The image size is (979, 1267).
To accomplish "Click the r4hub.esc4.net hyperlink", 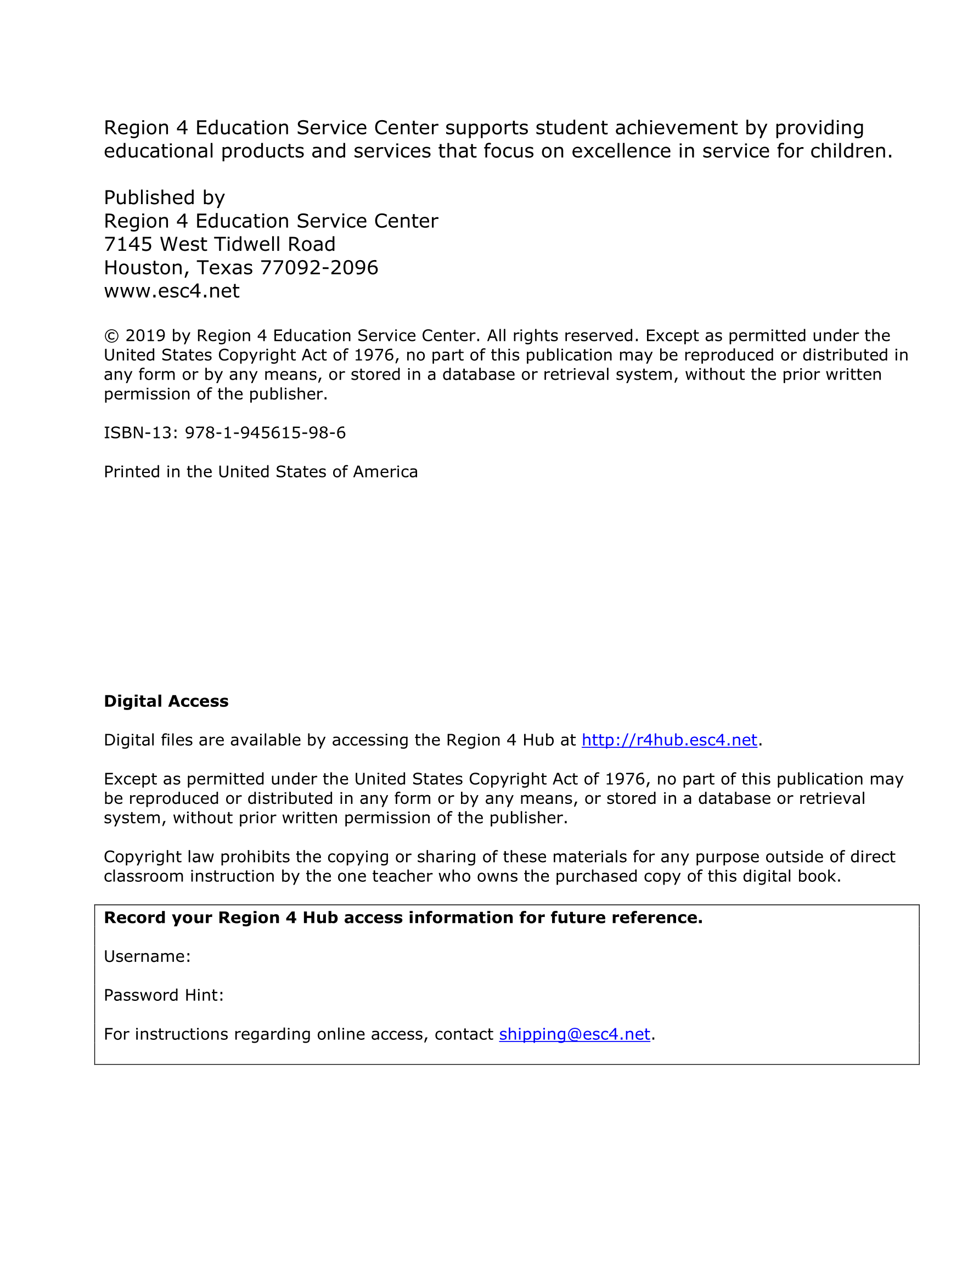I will (669, 740).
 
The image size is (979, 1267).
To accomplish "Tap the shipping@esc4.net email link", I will (574, 1034).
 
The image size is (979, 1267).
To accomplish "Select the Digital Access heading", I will (166, 701).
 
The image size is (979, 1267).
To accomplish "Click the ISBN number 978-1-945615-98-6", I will (265, 433).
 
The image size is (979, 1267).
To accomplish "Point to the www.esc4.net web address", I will (171, 291).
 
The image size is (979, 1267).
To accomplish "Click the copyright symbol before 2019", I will (111, 336).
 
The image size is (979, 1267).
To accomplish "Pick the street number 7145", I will (128, 244).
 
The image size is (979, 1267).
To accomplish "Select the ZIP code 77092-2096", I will (319, 267).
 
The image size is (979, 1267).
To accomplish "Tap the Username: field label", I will (148, 956).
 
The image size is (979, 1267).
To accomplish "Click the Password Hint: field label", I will (164, 995).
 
